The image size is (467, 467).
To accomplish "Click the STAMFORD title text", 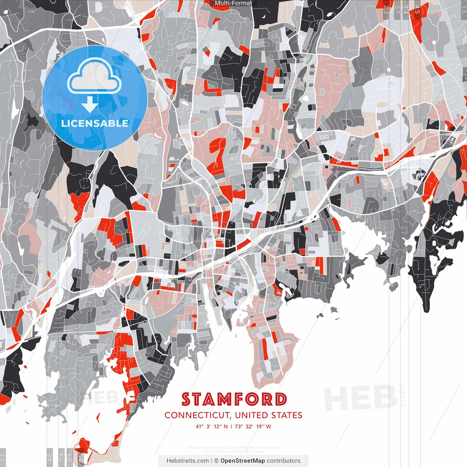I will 234,400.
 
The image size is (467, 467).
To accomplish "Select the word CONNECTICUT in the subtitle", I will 197,415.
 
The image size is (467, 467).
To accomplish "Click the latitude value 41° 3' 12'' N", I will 212,426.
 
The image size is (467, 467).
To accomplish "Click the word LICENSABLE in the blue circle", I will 95,123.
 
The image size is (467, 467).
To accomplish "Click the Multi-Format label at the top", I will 233,3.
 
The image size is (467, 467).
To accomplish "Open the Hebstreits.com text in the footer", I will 188,461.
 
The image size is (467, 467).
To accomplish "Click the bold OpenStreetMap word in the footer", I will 243,461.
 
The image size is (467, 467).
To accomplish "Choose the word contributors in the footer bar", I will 283,461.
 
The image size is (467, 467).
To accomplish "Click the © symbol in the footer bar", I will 216,461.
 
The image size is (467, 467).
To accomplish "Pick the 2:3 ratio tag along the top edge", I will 386,9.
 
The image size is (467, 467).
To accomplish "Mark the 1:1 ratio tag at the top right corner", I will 463,9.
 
